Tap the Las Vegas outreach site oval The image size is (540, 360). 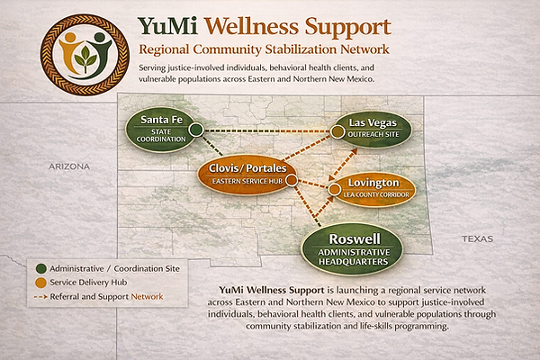[373, 129]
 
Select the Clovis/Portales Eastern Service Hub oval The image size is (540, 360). [247, 175]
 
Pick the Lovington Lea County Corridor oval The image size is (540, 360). [373, 189]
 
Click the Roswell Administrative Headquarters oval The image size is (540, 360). [352, 249]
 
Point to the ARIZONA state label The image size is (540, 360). [69, 166]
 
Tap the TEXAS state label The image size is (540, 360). [477, 238]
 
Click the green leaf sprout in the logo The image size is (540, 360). [85, 58]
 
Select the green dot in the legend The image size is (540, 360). [41, 269]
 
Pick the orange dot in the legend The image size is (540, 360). [41, 283]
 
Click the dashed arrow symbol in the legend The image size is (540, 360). [40, 297]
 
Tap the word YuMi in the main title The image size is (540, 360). [167, 27]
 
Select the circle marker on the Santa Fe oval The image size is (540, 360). [196, 130]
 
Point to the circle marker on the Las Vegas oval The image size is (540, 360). [337, 132]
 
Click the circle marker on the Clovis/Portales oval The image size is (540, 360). [292, 180]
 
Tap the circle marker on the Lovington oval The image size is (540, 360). [335, 189]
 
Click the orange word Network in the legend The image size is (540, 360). [147, 297]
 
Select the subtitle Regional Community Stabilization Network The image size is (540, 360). [264, 49]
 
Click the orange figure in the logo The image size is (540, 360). [70, 51]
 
